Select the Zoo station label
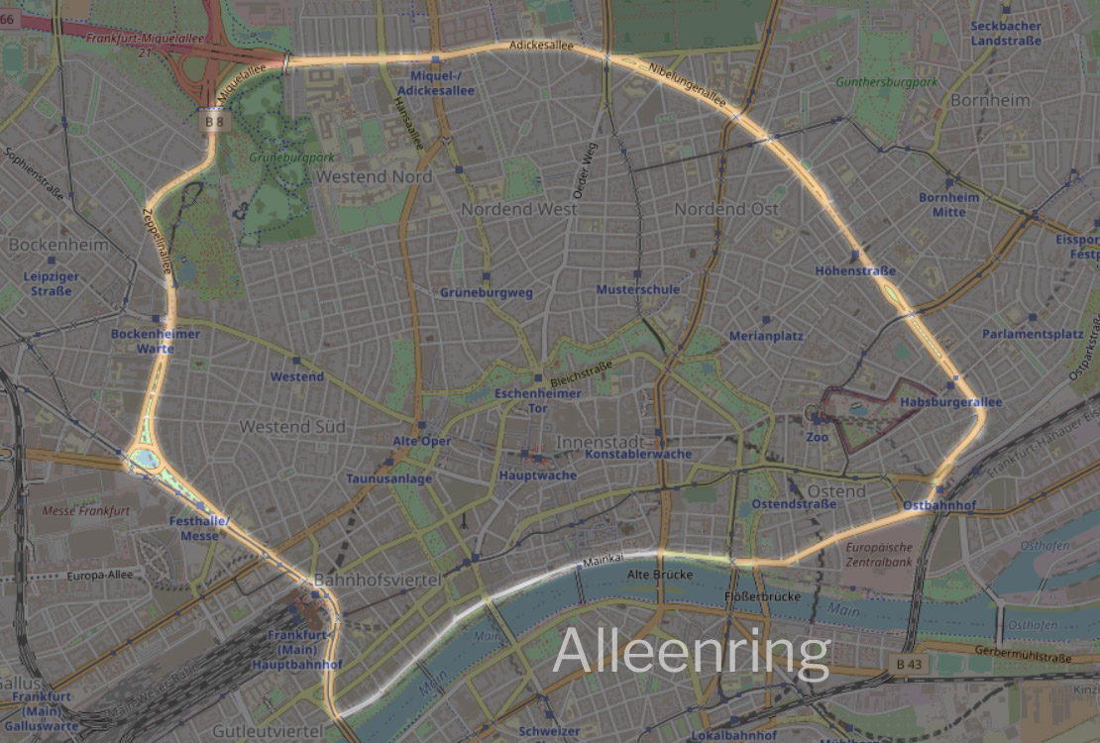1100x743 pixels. [818, 436]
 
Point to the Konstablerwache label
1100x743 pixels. [638, 454]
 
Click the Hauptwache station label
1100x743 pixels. [537, 476]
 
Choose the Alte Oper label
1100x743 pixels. [421, 441]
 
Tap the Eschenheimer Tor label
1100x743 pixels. [537, 400]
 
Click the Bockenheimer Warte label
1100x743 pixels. [156, 341]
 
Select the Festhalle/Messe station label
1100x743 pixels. [199, 528]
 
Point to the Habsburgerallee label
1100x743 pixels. [951, 402]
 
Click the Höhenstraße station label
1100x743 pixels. [855, 270]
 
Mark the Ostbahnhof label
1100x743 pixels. [939, 505]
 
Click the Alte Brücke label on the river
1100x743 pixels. [659, 575]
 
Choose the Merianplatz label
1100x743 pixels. [766, 336]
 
